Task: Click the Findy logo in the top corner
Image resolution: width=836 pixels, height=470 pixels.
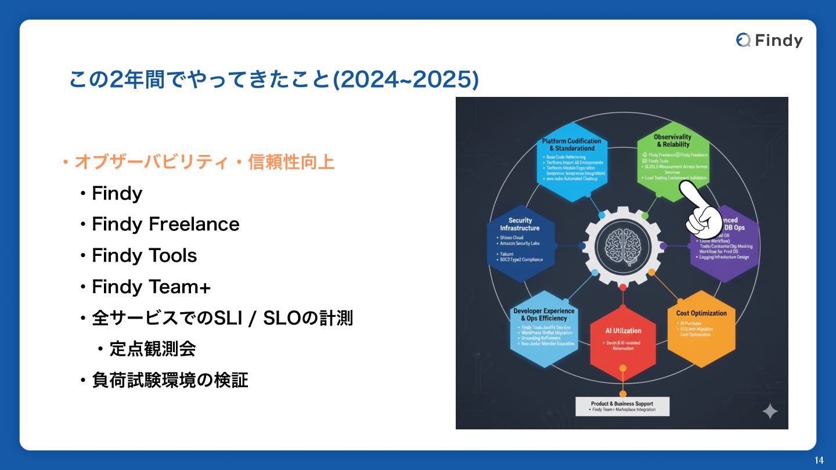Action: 769,40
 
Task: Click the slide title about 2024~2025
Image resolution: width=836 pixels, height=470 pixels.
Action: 273,80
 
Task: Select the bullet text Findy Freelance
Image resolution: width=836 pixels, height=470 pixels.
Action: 165,224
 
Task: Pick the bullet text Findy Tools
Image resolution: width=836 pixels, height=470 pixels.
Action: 145,255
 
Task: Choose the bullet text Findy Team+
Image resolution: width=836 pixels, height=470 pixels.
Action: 151,287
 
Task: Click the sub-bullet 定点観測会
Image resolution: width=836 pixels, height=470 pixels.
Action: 152,349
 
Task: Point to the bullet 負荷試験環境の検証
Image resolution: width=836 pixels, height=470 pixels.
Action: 170,380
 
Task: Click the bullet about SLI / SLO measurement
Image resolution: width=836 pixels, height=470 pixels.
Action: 222,318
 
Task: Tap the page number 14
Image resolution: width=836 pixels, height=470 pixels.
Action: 819,460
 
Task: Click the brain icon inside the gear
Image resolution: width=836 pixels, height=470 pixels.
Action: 622,245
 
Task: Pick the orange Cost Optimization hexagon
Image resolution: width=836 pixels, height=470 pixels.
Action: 701,328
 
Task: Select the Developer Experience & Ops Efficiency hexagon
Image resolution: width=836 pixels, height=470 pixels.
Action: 544,328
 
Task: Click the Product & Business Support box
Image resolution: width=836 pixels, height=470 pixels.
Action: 622,406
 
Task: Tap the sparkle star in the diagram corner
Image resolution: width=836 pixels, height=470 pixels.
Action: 770,411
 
